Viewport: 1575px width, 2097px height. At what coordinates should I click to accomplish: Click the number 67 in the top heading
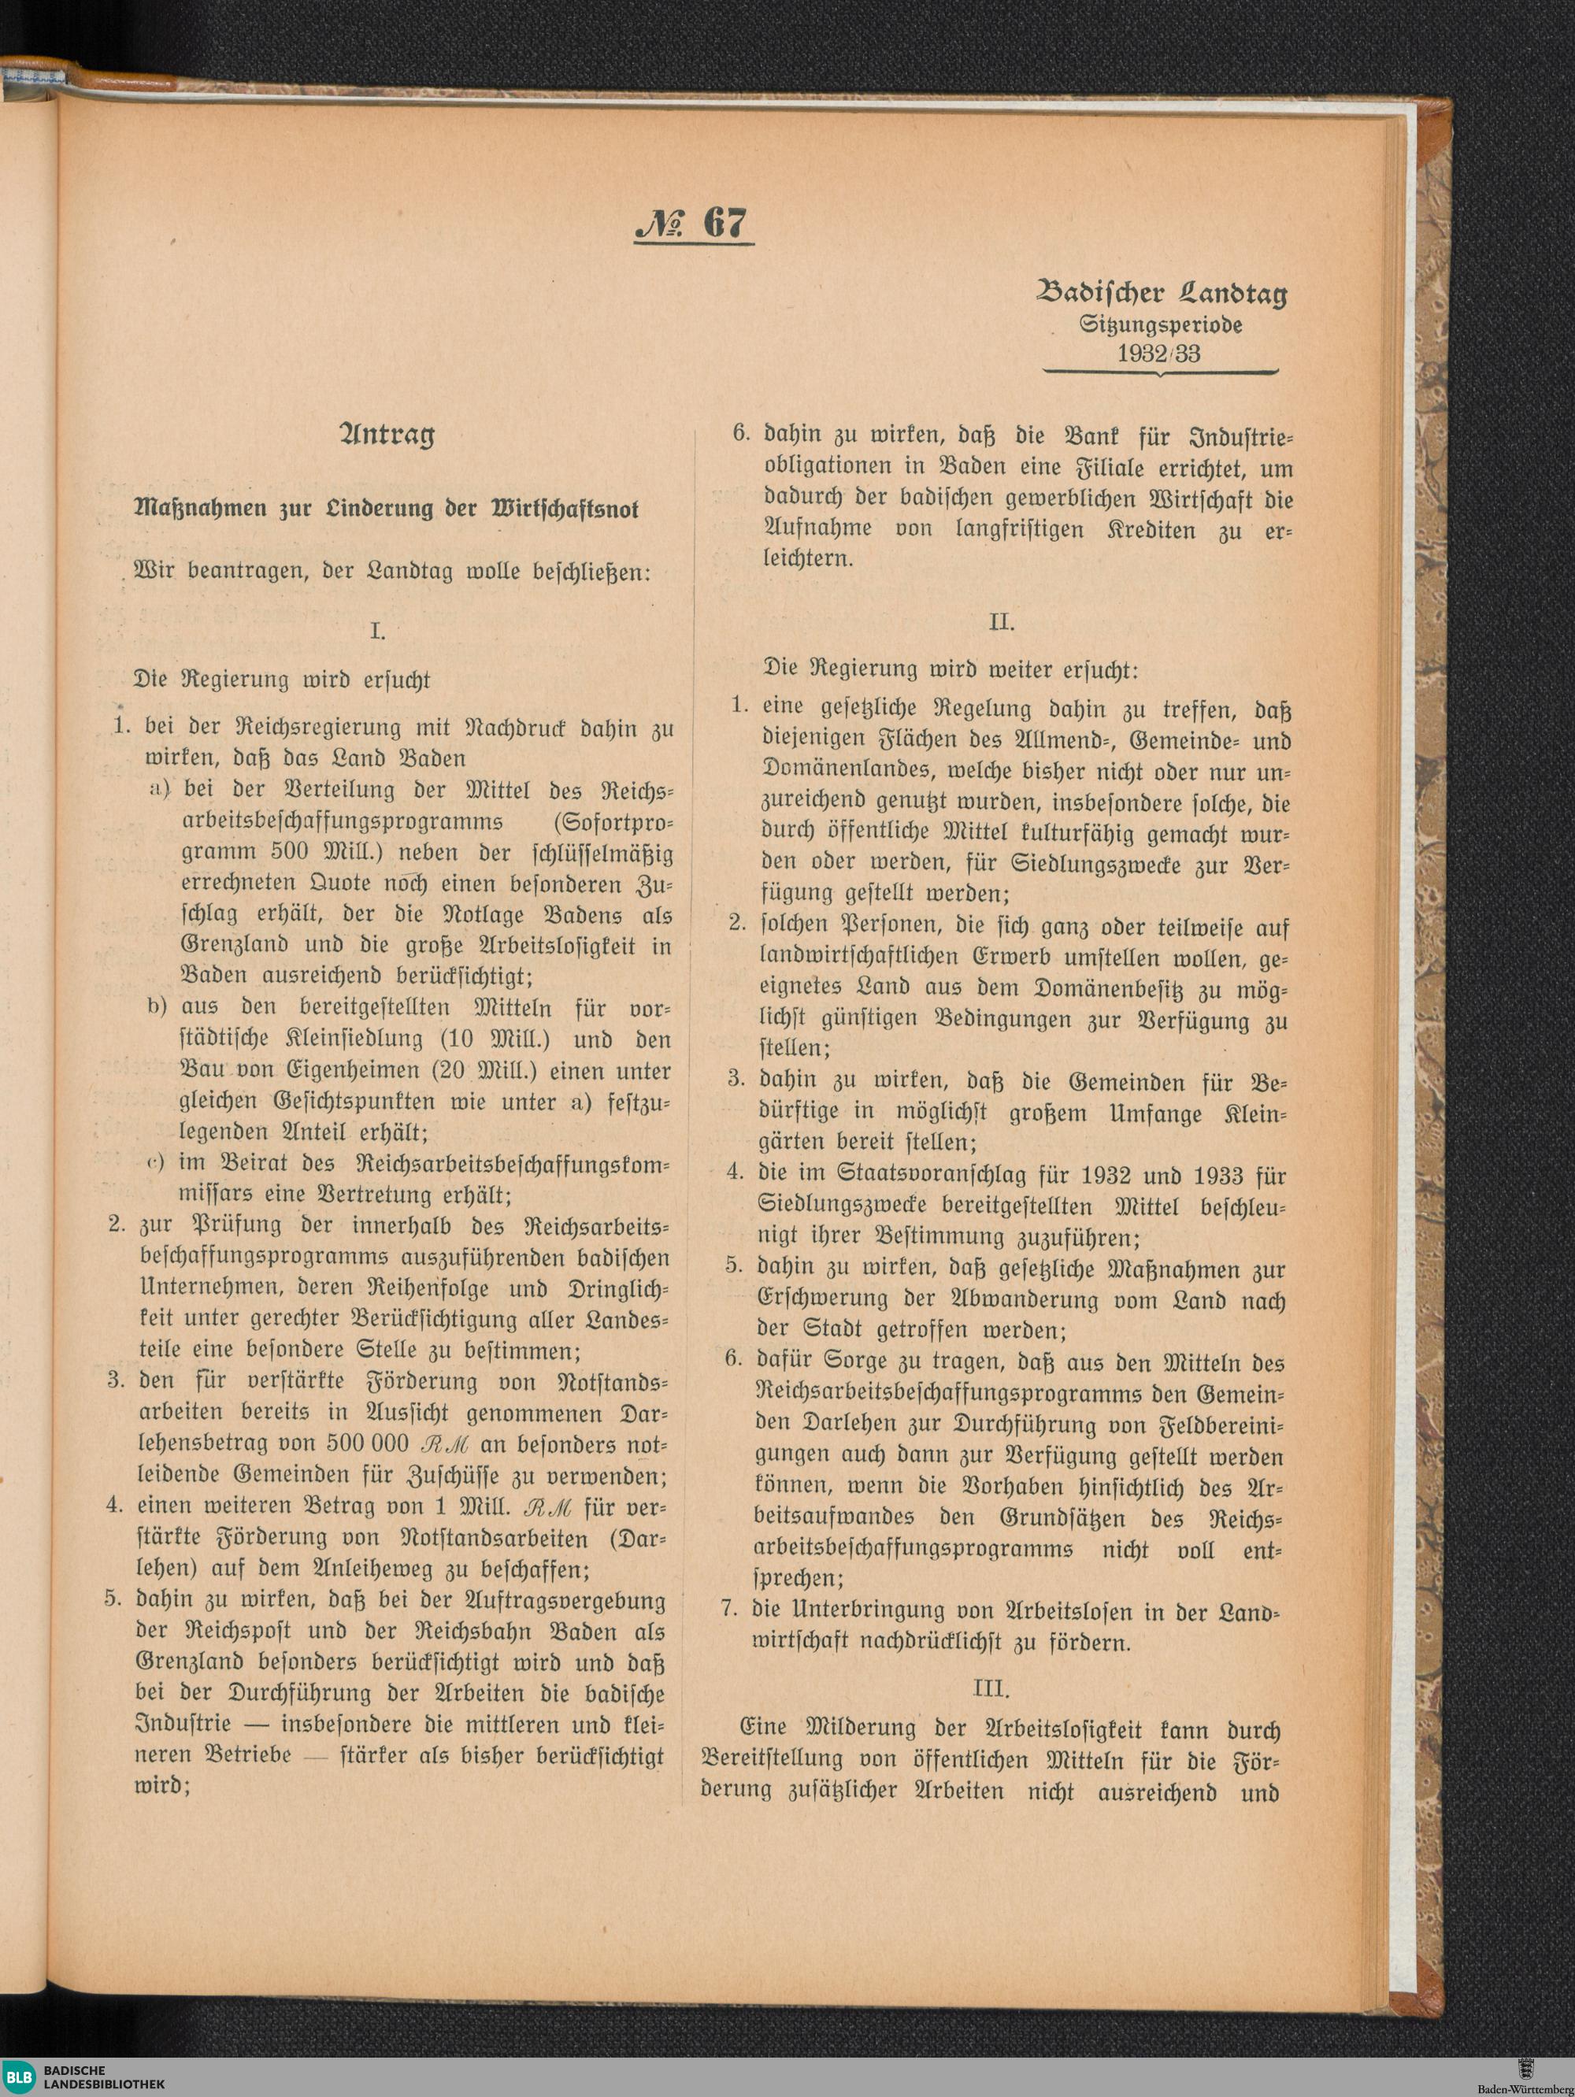coord(725,223)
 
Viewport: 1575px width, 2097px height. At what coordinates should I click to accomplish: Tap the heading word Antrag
coord(387,435)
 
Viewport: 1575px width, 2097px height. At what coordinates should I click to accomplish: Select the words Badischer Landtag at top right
coord(1162,294)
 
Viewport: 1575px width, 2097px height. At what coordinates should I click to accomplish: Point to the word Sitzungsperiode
coord(1161,324)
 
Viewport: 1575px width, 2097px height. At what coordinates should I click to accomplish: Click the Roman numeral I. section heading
coord(377,632)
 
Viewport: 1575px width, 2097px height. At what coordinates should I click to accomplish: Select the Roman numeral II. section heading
coord(1002,622)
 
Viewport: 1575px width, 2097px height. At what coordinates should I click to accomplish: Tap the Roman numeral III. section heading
coord(991,1688)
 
